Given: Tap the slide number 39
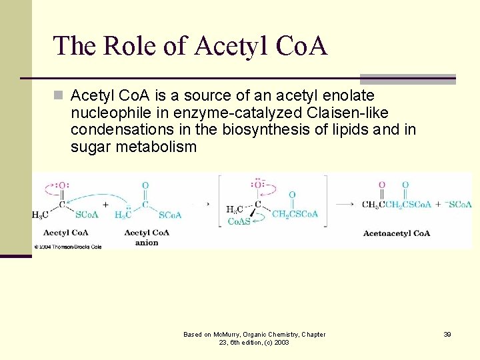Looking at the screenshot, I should click(x=447, y=334).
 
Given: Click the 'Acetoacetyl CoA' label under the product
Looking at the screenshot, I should click(x=397, y=233).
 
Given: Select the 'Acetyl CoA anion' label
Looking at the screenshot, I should click(x=147, y=237).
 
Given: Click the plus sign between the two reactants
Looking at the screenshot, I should click(x=105, y=205).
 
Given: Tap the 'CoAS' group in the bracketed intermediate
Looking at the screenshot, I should click(x=239, y=221).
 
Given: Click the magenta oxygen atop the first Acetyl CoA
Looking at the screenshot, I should click(x=62, y=186).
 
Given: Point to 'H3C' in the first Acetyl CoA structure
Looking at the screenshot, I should click(x=40, y=215).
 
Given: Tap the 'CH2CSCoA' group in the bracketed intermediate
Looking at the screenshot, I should click(x=295, y=214).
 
